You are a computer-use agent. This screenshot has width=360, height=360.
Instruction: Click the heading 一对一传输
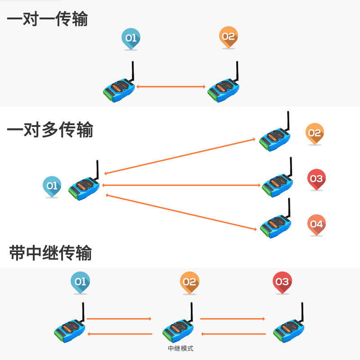pos(47,19)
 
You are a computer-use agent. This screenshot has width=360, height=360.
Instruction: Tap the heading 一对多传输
pos(50,130)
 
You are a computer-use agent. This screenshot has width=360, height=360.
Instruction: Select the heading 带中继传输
pos(50,253)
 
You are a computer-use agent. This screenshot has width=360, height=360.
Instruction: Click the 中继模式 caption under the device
pos(180,348)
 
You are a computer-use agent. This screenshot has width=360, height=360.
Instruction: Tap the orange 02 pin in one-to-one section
pos(228,36)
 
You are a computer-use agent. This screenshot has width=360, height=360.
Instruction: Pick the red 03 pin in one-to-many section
pos(316,179)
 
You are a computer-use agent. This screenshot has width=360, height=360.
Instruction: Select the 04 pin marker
pos(316,224)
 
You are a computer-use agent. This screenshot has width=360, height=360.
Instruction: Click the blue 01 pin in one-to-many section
pos(52,185)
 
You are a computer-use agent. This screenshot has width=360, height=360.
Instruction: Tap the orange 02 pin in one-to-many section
pos(315,133)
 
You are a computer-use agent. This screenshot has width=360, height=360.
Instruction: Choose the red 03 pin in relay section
pos(282,282)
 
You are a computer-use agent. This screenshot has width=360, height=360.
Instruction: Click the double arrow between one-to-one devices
pos(171,86)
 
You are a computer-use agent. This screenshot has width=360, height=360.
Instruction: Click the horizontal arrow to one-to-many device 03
pos(182,185)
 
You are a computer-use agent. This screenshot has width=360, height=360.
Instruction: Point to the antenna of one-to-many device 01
pos(97,170)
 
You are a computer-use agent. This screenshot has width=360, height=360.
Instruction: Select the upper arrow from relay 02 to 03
pos(232,319)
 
